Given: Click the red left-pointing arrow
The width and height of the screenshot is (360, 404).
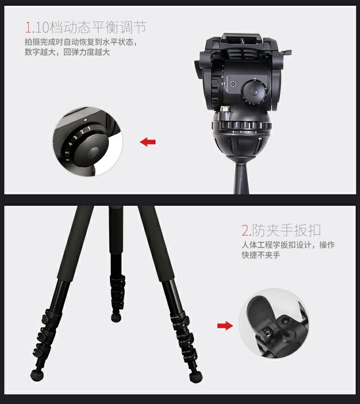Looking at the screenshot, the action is [148, 142].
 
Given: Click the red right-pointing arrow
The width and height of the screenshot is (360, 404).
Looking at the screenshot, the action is [225, 326].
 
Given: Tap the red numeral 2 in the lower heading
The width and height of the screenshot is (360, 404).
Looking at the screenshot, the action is [245, 230].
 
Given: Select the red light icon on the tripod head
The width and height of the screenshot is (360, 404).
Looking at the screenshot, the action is [233, 84].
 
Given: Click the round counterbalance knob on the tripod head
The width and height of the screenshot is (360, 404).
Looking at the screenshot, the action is [254, 92].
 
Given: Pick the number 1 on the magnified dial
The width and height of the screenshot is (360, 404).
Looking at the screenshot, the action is [89, 128].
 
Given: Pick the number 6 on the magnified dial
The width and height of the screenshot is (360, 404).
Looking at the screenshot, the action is [68, 159].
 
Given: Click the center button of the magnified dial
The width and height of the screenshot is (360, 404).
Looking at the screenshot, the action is [95, 153].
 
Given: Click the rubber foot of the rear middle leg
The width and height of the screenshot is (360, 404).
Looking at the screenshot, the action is [117, 318].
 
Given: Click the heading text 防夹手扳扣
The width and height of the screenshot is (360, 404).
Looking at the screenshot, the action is [286, 230].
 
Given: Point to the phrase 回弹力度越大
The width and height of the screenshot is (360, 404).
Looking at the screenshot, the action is [86, 52].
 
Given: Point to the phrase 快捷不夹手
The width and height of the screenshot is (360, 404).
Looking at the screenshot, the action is [261, 255].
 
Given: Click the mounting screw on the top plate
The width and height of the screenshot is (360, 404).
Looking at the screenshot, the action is [242, 40].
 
